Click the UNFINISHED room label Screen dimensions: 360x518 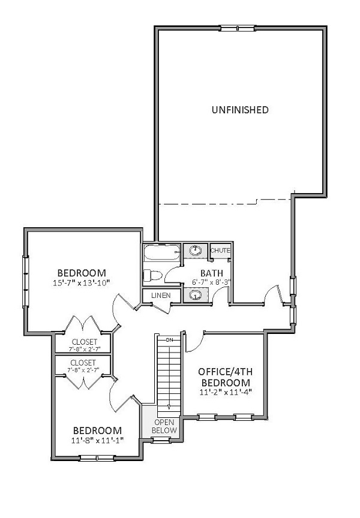(240, 110)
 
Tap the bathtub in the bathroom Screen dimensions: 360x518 (162, 253)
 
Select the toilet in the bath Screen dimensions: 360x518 (152, 275)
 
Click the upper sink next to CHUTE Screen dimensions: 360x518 (196, 250)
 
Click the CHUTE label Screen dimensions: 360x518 (220, 251)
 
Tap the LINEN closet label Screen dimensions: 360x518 (161, 296)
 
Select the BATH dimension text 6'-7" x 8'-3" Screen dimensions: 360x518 (212, 282)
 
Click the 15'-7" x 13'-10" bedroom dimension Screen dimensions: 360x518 (82, 283)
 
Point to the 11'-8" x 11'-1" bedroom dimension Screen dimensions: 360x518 (98, 441)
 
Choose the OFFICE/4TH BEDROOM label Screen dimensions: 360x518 (226, 377)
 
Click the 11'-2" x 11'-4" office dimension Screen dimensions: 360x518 (226, 393)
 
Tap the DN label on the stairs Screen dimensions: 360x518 (169, 339)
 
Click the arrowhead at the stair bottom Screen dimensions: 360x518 (169, 407)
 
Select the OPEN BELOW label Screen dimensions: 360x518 (164, 426)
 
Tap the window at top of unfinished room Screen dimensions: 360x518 (238, 28)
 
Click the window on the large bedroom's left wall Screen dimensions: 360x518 (25, 281)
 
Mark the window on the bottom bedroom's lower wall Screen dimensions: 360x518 (97, 458)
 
